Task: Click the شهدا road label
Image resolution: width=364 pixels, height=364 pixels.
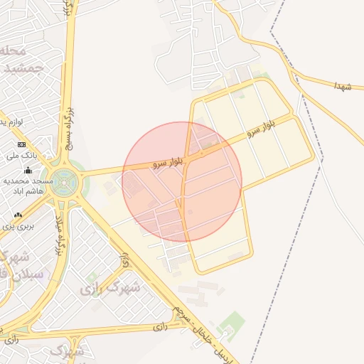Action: click(x=343, y=85)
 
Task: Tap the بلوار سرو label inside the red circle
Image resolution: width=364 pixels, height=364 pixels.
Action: click(x=168, y=163)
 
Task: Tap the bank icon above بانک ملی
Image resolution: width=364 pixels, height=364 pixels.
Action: click(x=21, y=144)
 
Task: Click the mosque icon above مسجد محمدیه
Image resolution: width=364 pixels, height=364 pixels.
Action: click(x=28, y=171)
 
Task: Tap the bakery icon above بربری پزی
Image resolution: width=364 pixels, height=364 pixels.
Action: click(x=18, y=215)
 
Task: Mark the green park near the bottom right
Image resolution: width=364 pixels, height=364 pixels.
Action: click(x=232, y=325)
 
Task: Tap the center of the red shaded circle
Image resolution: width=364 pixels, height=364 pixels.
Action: click(x=182, y=182)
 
